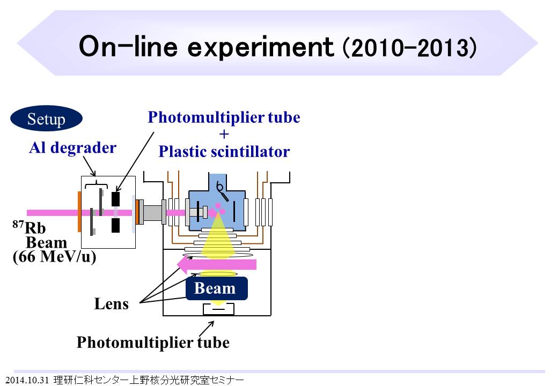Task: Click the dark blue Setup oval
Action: [x=46, y=119]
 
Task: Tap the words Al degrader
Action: [x=72, y=148]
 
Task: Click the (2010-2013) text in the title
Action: [x=409, y=48]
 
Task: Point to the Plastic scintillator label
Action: [x=224, y=152]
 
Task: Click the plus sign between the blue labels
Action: [x=224, y=135]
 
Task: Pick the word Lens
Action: [x=112, y=304]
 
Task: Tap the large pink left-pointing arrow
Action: [x=217, y=264]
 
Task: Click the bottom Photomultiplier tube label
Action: [x=153, y=342]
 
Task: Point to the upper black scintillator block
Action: [x=115, y=199]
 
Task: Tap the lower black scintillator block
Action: [x=115, y=226]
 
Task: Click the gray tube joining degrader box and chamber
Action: [x=153, y=212]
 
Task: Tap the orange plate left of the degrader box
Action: [x=79, y=212]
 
